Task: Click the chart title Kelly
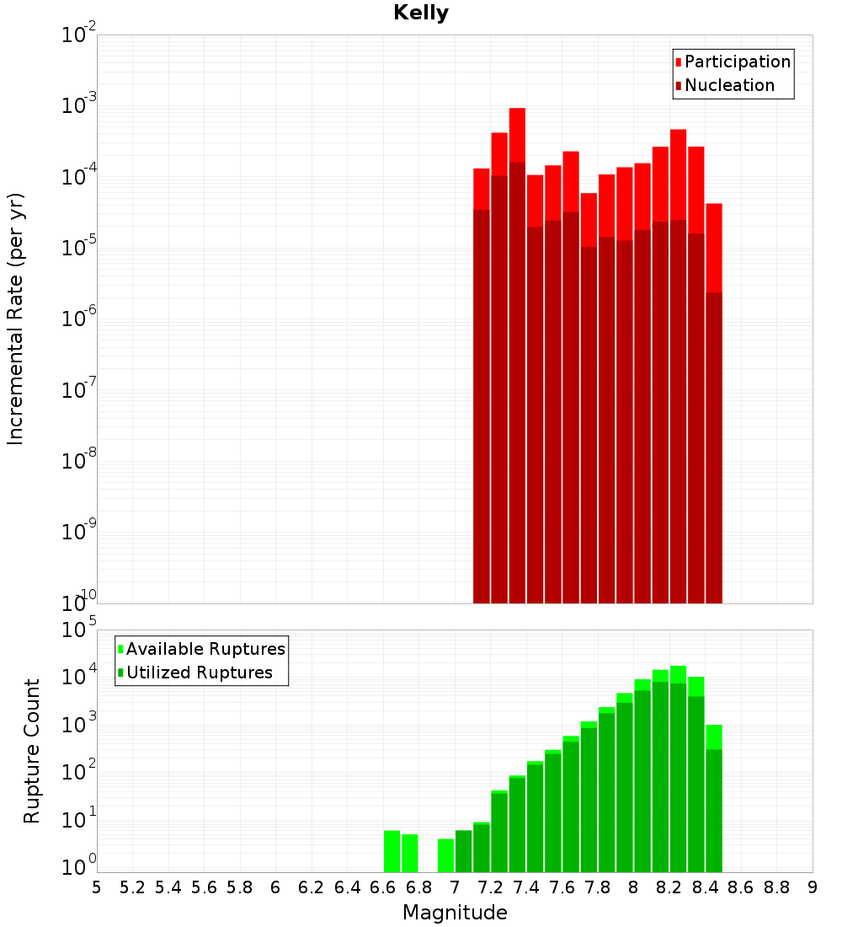tap(421, 13)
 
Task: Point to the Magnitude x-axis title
tap(455, 913)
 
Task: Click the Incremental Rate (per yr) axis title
tap(16, 319)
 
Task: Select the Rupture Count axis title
tap(32, 751)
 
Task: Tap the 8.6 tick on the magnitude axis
tap(741, 887)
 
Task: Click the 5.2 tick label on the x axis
tap(132, 887)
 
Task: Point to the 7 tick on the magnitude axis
tap(455, 887)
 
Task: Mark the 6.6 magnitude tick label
tap(383, 887)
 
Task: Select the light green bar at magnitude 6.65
tap(392, 851)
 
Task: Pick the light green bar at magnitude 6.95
tap(445, 855)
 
